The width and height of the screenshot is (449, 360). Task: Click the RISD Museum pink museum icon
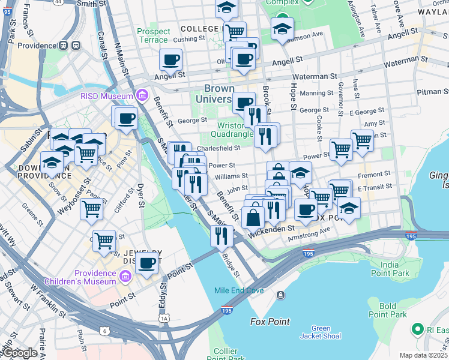click(x=142, y=95)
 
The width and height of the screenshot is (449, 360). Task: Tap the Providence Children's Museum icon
click(x=125, y=276)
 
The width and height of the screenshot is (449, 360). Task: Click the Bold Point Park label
click(x=387, y=310)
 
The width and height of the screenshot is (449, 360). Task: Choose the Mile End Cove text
click(x=239, y=291)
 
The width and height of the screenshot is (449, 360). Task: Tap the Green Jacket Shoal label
click(x=321, y=332)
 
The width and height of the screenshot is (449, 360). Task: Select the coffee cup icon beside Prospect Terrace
click(x=171, y=60)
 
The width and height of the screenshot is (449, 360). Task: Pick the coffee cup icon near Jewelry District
click(x=146, y=263)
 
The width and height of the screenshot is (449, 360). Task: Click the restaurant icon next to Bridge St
click(x=221, y=236)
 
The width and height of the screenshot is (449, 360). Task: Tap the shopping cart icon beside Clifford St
click(x=91, y=209)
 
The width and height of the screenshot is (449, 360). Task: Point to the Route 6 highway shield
click(x=106, y=331)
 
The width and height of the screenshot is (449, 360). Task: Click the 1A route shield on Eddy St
click(x=164, y=318)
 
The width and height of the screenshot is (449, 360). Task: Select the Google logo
click(x=20, y=353)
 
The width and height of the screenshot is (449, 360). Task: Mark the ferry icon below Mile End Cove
click(x=280, y=295)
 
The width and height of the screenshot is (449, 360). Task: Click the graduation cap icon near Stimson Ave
click(x=282, y=29)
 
